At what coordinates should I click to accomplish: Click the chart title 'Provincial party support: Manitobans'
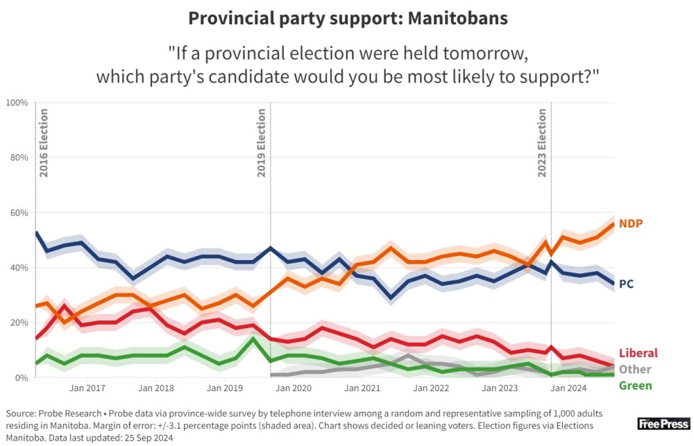pos(348,18)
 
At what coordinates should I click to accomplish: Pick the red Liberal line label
pos(637,353)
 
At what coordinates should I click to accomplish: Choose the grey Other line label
pos(634,369)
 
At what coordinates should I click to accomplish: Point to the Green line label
pos(635,386)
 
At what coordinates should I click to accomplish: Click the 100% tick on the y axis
pos(17,103)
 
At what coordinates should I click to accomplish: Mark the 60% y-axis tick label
pos(19,213)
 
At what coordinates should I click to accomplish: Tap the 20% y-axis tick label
pos(19,323)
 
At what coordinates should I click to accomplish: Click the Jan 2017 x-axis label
pos(87,388)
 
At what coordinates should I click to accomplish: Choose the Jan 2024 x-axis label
pos(569,388)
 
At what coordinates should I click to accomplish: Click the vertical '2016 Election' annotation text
pos(44,143)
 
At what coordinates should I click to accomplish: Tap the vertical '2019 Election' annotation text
pos(262,143)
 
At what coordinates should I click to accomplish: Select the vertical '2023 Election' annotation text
pos(542,143)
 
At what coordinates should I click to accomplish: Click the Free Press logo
pos(663,424)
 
